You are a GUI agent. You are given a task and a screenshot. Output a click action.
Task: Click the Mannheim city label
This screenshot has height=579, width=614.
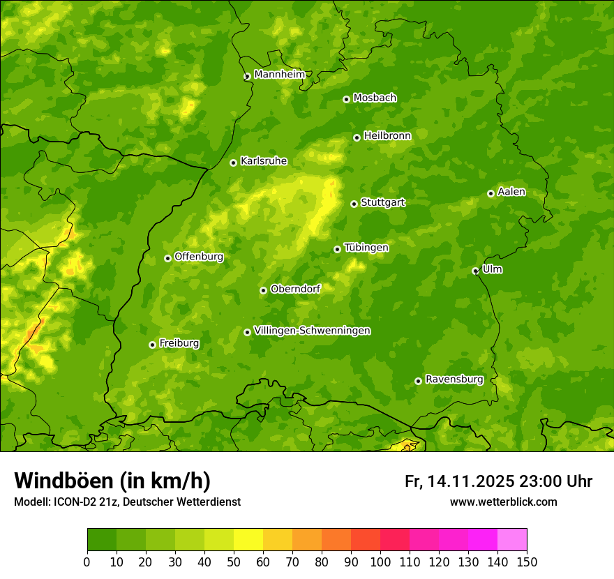(279, 75)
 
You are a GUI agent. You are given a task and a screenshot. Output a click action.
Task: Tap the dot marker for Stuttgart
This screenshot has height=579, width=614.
(354, 204)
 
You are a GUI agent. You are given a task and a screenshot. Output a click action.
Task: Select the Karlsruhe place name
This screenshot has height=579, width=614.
(263, 161)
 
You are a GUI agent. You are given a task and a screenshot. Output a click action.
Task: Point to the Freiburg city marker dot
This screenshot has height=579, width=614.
(152, 345)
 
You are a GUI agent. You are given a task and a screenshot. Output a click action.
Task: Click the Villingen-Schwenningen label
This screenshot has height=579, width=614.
(312, 331)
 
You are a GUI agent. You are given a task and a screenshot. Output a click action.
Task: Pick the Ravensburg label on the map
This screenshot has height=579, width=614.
(454, 379)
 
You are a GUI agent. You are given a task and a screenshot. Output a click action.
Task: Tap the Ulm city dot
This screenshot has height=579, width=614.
(475, 271)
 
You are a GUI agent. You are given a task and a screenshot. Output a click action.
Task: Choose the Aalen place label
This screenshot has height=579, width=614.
(511, 192)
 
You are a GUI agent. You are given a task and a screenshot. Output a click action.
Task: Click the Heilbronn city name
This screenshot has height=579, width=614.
(387, 136)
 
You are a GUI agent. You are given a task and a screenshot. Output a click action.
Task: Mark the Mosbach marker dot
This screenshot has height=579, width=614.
(346, 99)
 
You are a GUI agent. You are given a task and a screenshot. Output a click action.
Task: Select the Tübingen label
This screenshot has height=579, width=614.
(366, 248)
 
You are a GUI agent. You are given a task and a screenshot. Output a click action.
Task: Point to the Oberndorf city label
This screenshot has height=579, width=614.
(295, 289)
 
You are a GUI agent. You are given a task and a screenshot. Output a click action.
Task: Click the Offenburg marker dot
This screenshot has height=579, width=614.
(167, 258)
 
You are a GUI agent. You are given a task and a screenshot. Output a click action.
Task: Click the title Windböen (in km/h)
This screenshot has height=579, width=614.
(112, 481)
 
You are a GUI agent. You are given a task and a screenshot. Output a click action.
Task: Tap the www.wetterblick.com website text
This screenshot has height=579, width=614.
(503, 502)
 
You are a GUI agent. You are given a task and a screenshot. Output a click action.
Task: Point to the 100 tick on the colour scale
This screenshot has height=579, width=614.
(380, 562)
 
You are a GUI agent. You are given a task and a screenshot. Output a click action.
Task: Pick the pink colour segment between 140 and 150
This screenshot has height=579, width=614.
(512, 540)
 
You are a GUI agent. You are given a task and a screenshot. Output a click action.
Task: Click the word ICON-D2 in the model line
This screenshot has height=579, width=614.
(73, 502)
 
